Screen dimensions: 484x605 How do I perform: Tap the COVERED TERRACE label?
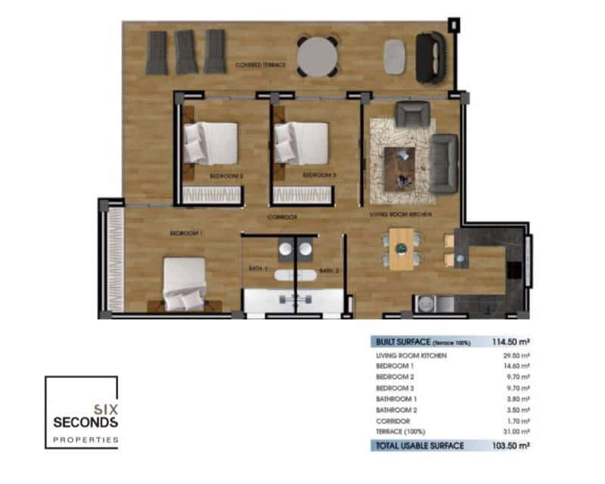click(x=260, y=66)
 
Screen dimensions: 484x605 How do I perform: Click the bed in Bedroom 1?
click(x=185, y=284)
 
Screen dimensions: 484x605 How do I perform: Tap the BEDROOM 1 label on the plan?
click(x=185, y=234)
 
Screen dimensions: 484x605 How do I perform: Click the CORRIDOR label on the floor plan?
click(x=281, y=217)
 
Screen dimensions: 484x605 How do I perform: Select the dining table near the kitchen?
click(x=401, y=250)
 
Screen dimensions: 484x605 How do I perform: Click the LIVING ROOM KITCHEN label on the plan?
click(x=400, y=216)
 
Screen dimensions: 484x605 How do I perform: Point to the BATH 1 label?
click(x=259, y=268)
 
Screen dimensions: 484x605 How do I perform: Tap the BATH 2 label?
click(x=327, y=271)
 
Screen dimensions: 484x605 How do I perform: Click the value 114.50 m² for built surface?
click(x=510, y=342)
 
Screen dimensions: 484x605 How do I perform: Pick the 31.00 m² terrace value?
click(x=516, y=431)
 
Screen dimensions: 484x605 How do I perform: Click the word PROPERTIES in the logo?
click(x=85, y=439)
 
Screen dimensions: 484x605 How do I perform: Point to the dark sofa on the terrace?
click(x=431, y=57)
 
